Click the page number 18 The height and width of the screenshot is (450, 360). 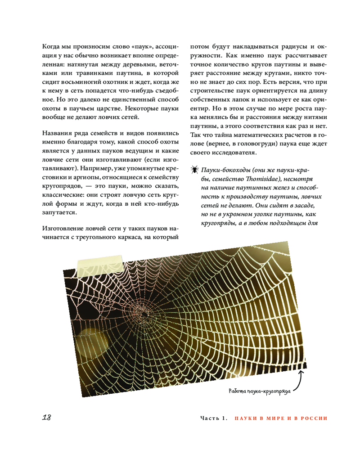[x=46, y=417]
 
